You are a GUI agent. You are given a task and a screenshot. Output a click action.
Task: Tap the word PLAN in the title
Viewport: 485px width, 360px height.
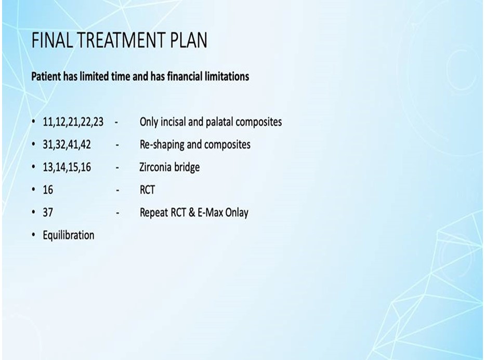pos(189,40)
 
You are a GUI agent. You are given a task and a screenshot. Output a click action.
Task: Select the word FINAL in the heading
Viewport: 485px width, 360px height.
pos(52,40)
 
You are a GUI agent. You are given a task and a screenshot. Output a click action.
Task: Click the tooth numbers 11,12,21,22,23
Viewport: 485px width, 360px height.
pos(73,122)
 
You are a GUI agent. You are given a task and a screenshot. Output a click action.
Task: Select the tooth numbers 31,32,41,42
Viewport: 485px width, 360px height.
pos(67,144)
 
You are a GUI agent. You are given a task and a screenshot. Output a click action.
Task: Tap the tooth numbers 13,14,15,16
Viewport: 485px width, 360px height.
pos(67,167)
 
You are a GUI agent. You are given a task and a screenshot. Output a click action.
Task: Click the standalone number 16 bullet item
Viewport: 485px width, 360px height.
pos(48,190)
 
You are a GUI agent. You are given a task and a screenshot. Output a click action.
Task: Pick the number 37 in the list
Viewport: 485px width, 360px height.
pos(48,212)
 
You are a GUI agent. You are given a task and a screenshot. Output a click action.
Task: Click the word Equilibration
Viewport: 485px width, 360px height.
pos(69,235)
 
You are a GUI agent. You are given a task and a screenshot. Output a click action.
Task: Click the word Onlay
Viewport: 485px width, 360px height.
pos(237,212)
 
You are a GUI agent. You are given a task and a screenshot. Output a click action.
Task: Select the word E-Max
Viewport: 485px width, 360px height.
pos(209,212)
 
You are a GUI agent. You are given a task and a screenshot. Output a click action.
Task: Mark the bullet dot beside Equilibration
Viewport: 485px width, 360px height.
pos(33,235)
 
